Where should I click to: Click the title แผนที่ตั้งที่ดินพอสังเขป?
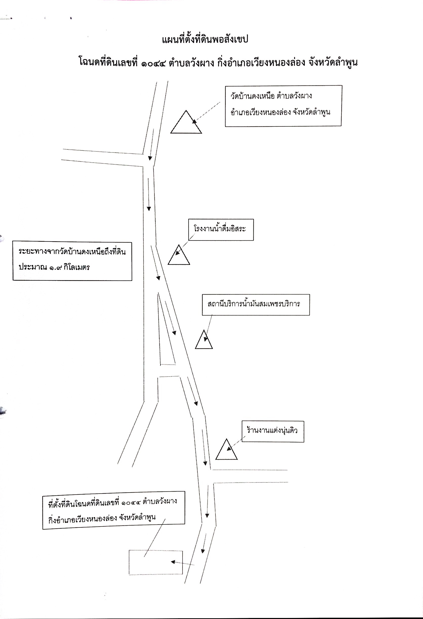coord(205,39)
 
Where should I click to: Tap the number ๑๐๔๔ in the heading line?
coord(153,63)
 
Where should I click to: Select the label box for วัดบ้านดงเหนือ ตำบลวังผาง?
coord(283,106)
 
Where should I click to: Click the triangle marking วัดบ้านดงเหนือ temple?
coord(186,122)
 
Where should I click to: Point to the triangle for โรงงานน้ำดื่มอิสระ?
coord(178,254)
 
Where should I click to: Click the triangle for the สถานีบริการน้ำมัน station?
coord(204,339)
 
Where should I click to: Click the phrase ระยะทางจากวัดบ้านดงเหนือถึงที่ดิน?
coord(72,252)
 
